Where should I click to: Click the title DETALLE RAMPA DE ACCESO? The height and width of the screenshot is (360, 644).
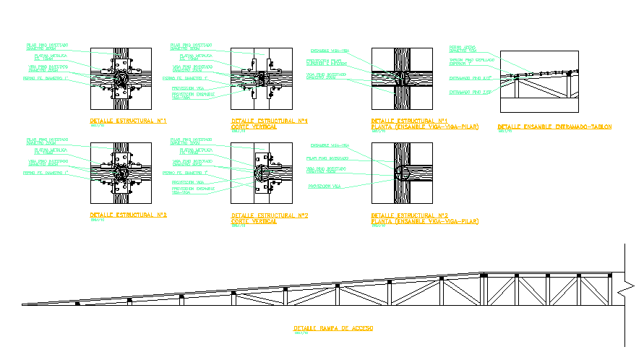point(333,328)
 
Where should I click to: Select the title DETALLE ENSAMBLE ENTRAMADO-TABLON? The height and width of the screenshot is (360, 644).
point(554,127)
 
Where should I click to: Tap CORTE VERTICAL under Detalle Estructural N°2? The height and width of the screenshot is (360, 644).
point(254,220)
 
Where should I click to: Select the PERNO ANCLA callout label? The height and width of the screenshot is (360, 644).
point(463,48)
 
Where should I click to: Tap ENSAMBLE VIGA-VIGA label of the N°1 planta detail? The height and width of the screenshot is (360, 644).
point(329,51)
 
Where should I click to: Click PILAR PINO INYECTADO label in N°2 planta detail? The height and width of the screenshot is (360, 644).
point(326,158)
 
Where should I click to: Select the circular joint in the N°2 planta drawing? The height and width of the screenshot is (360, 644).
point(405,172)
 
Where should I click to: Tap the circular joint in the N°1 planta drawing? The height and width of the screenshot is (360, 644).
point(405,77)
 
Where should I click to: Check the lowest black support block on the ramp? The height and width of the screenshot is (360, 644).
point(77,303)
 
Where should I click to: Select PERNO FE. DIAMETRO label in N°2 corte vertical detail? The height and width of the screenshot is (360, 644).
point(186,173)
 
